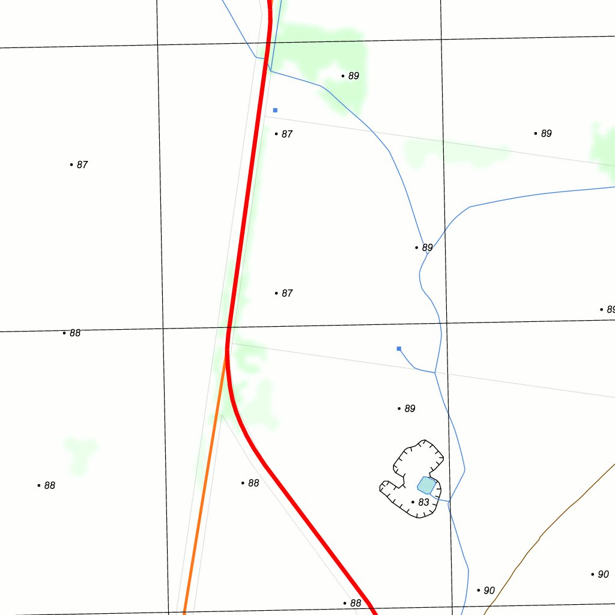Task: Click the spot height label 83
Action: [x=423, y=502]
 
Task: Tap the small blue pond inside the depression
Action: [x=426, y=485]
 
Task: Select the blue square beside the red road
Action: [x=275, y=111]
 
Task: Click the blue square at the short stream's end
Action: [x=399, y=348]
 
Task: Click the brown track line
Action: [x=541, y=536]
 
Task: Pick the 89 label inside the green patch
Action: [x=353, y=76]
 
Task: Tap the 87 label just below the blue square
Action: [x=286, y=134]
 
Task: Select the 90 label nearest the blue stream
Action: [x=488, y=590]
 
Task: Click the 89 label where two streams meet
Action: [x=426, y=247]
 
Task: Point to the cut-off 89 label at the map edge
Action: [x=610, y=309]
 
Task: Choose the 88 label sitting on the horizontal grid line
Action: [x=74, y=333]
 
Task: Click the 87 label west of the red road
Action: [x=82, y=165]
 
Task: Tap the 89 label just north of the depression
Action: [x=409, y=408]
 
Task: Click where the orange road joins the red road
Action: [x=227, y=353]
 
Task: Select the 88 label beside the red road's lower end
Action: [x=356, y=603]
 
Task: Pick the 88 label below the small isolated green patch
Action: [x=49, y=485]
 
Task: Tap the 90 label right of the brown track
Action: [x=603, y=574]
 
